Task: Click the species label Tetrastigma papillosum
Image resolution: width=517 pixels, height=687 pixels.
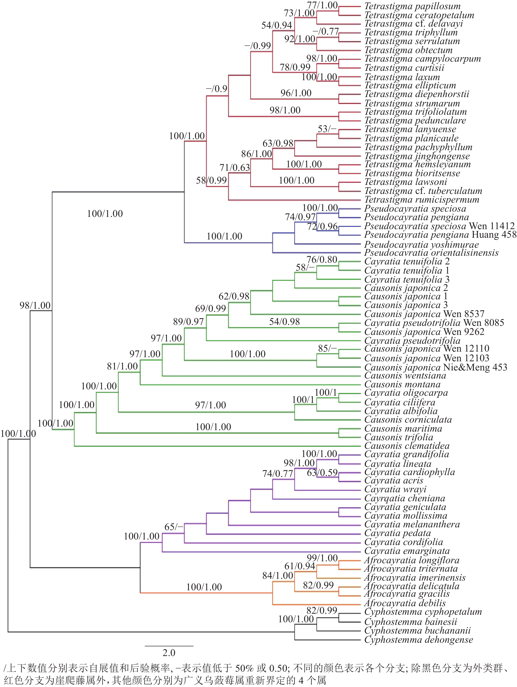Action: click(412, 6)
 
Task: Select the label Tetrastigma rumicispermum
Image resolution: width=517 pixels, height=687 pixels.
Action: click(422, 200)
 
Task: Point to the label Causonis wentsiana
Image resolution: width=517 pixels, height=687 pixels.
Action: click(405, 376)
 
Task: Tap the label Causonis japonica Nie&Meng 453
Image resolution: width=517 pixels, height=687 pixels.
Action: click(436, 367)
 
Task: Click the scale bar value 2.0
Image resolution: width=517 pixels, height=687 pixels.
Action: click(169, 653)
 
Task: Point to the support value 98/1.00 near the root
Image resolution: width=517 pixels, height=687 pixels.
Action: click(35, 306)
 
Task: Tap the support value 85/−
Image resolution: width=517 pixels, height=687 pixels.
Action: click(327, 348)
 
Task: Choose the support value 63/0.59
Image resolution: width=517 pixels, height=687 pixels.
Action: click(322, 473)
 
